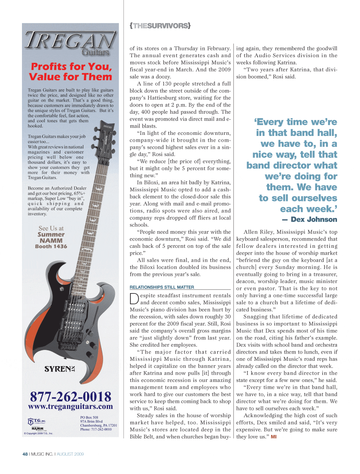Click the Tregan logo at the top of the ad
click(71, 43)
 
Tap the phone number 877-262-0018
click(71, 396)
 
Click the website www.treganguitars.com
click(71, 407)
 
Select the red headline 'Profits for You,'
click(71, 67)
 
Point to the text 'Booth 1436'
click(51, 246)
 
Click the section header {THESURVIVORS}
click(160, 26)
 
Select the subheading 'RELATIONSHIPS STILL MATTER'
click(162, 287)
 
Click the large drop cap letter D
click(134, 299)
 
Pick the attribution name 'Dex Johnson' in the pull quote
click(314, 219)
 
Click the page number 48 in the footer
click(25, 454)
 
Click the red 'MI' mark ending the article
click(274, 437)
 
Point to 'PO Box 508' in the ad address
click(89, 418)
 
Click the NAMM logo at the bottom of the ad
click(37, 429)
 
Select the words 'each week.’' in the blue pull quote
click(309, 209)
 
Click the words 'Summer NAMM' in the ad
click(51, 237)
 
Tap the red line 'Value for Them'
click(71, 77)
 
